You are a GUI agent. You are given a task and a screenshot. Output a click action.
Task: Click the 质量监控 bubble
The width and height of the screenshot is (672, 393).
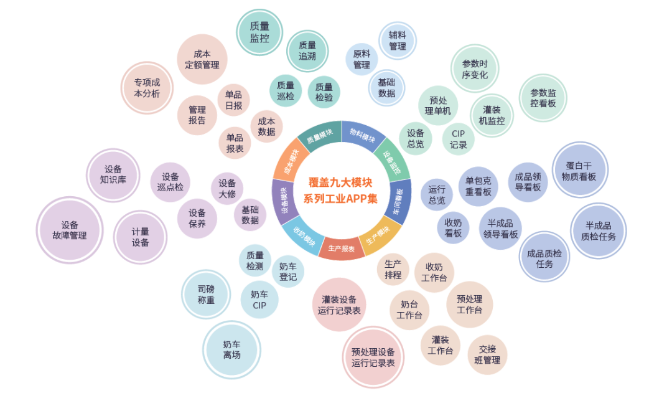[259, 32]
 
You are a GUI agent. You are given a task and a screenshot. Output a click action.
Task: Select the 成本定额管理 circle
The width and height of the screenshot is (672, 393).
[202, 59]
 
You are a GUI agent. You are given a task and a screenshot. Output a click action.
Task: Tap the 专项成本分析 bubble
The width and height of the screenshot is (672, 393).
[147, 88]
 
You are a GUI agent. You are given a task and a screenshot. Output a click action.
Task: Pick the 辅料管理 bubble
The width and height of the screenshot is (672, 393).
[397, 40]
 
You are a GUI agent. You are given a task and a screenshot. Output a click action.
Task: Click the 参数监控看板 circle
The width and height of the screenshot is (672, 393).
[543, 98]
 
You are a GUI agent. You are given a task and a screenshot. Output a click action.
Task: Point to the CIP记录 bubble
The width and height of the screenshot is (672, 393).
[458, 140]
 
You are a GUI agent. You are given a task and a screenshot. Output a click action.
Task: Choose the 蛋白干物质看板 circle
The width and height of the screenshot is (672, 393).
[579, 170]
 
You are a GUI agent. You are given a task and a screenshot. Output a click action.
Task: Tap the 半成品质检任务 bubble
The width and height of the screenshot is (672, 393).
[599, 231]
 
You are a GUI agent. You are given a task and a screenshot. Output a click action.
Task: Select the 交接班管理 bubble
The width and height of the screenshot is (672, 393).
[487, 355]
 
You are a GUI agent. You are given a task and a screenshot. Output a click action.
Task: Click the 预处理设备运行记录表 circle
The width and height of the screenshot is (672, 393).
[373, 357]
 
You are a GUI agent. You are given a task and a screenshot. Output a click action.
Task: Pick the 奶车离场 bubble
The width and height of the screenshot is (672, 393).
[231, 349]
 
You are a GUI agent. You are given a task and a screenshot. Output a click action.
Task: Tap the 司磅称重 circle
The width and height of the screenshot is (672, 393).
[206, 295]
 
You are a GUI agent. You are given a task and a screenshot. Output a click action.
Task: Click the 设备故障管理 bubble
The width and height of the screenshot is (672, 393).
[70, 230]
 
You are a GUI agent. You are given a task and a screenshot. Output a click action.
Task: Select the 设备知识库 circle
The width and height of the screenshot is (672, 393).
[113, 175]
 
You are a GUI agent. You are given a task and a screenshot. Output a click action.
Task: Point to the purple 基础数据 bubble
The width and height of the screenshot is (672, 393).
[250, 215]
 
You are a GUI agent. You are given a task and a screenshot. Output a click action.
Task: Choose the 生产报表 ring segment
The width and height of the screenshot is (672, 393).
[341, 249]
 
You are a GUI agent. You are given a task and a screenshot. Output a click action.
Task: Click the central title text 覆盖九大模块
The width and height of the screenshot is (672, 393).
[340, 182]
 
